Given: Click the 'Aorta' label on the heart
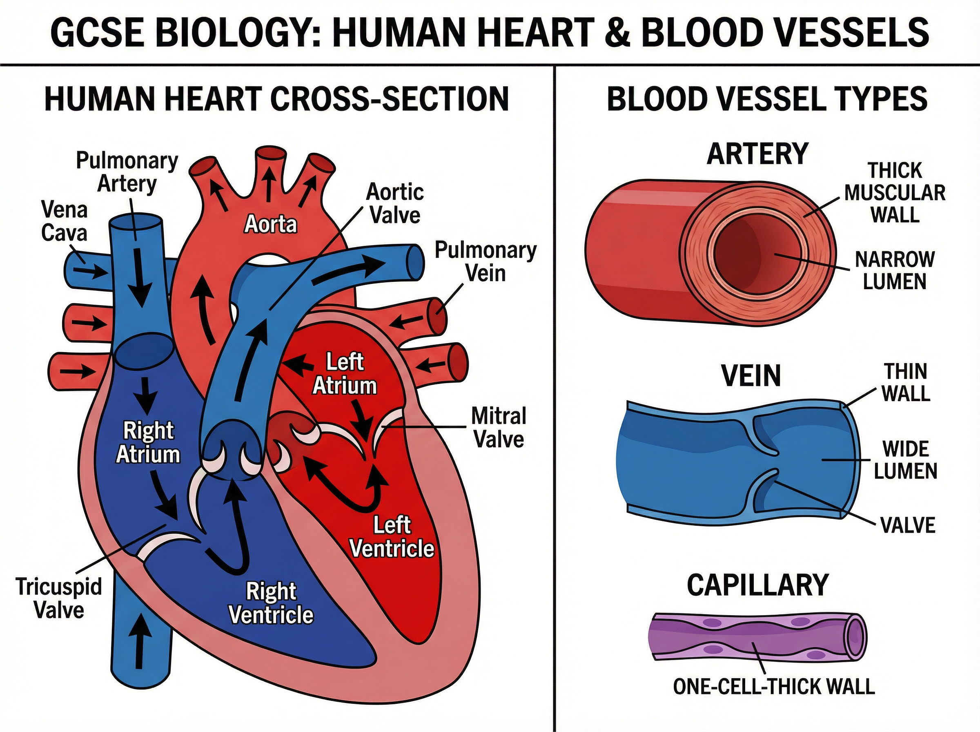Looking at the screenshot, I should point(271,224).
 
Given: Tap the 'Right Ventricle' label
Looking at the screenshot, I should point(271,603).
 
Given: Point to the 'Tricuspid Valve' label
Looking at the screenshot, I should point(59,598).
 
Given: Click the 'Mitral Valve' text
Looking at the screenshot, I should point(499,428).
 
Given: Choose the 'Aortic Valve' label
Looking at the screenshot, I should point(395,204).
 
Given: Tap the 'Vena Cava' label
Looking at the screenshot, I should point(64,221).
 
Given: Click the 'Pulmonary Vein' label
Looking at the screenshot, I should point(486,261).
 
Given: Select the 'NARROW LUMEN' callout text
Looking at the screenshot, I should point(895,270).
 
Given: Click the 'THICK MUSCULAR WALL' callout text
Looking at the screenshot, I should point(895,193).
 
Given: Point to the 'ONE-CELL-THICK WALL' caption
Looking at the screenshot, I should point(774,686).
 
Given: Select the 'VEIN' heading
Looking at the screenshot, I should point(751,376).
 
